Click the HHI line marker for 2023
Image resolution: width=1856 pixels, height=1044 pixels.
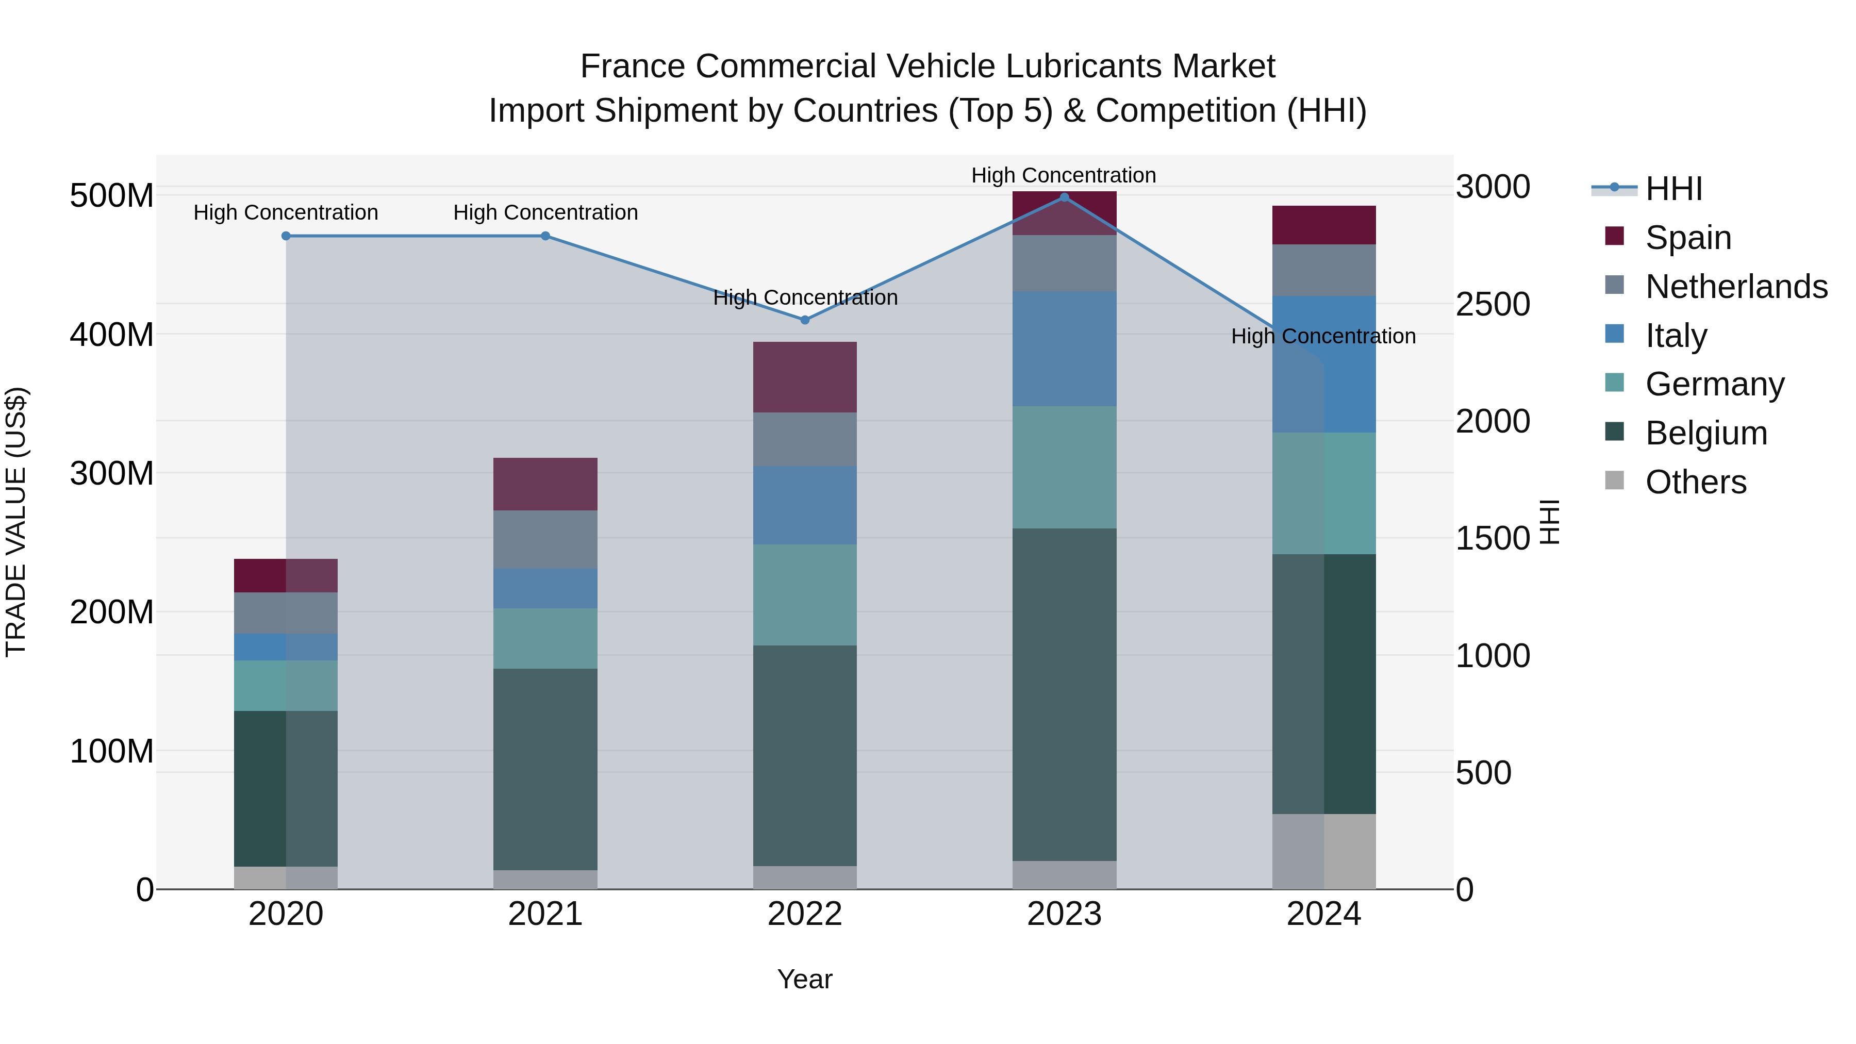tap(1064, 197)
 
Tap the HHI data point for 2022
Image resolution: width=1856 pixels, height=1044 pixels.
tap(805, 320)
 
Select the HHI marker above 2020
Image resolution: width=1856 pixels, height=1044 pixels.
tap(286, 236)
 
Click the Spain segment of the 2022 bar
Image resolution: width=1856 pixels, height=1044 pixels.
tap(805, 377)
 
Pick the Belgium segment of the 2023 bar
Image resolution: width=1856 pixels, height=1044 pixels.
tap(1064, 694)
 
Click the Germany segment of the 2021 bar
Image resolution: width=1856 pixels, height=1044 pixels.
tap(545, 638)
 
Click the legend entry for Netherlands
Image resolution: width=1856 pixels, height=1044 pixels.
tap(1736, 286)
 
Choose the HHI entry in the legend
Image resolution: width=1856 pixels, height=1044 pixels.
tap(1673, 188)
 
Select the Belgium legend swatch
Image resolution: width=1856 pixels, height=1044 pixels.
tap(1615, 433)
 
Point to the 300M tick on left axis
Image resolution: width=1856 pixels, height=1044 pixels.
tap(112, 473)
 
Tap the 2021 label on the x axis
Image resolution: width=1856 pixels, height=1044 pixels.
tap(545, 914)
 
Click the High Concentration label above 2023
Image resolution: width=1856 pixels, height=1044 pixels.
tap(1064, 175)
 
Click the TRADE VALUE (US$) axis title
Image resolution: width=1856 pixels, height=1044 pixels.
tap(16, 522)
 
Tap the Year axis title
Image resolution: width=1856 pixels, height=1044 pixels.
tap(805, 979)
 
